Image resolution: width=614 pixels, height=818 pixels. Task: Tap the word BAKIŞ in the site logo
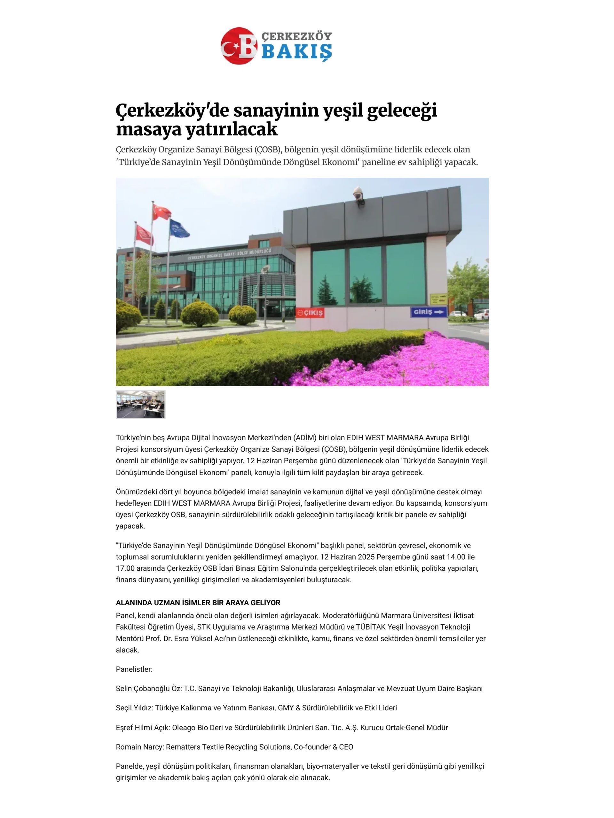point(296,51)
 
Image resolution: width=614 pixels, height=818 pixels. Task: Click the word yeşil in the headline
point(342,110)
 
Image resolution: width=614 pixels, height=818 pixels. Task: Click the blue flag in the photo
point(179,228)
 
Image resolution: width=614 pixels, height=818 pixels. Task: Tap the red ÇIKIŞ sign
point(310,313)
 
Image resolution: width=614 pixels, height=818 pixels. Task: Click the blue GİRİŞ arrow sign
point(428,312)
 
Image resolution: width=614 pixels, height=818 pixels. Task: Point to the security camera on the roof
point(358,193)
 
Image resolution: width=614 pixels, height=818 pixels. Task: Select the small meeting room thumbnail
point(140,404)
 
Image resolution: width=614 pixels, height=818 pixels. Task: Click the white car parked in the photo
point(481,315)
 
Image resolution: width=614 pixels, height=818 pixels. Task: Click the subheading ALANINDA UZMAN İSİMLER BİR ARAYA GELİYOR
point(198,603)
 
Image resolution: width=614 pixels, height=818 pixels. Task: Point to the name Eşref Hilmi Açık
point(143,727)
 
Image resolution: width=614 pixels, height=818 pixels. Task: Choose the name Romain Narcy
point(139,747)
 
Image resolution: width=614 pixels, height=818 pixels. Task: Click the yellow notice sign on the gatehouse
point(438,298)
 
